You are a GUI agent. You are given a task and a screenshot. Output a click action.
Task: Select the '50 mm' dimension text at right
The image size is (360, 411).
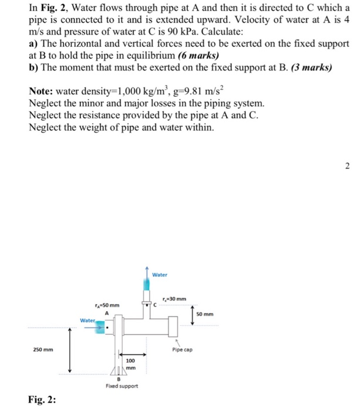pyautogui.click(x=205, y=314)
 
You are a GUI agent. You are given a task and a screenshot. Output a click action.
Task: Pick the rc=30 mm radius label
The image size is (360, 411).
pyautogui.click(x=176, y=298)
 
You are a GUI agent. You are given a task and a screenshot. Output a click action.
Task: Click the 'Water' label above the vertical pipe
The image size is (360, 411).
pyautogui.click(x=160, y=274)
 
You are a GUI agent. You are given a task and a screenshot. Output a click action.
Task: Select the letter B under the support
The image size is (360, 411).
pyautogui.click(x=118, y=379)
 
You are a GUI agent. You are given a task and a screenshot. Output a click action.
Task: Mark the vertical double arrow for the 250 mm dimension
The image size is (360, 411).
pyautogui.click(x=70, y=350)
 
